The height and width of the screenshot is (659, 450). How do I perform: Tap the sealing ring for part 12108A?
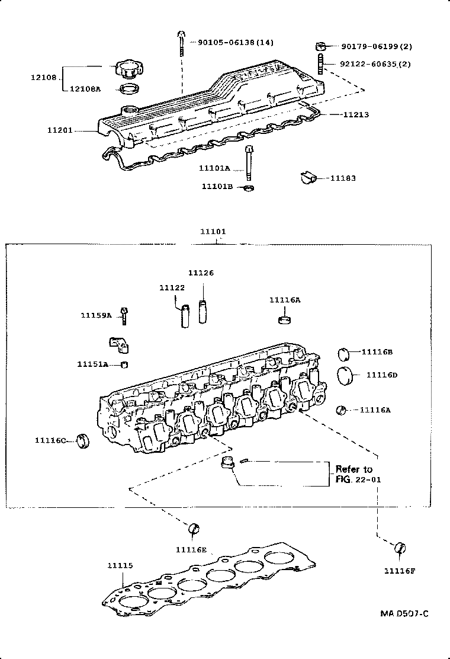point(130,89)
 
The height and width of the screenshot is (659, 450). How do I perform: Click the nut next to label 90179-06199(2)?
point(320,46)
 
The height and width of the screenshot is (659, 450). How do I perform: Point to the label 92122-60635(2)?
point(376,63)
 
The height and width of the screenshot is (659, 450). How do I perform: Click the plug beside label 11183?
point(307,177)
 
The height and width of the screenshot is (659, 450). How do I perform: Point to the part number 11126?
point(201,273)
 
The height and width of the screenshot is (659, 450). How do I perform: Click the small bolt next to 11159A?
point(125,315)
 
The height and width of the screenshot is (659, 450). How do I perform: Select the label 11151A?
point(92,364)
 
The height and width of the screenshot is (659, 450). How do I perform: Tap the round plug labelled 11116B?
point(345,353)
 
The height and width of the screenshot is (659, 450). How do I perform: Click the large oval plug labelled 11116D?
point(345,376)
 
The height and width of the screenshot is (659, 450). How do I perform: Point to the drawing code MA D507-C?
point(404,613)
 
